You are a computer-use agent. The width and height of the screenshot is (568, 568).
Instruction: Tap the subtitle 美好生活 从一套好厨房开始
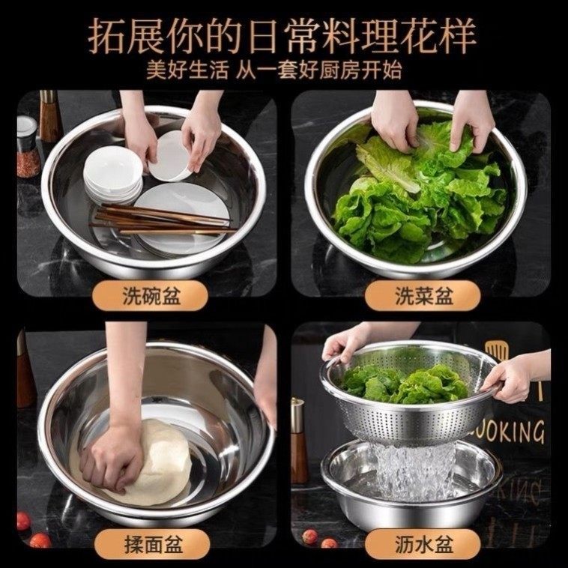(x=283, y=71)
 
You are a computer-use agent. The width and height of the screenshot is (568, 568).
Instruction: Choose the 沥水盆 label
(x=423, y=540)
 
